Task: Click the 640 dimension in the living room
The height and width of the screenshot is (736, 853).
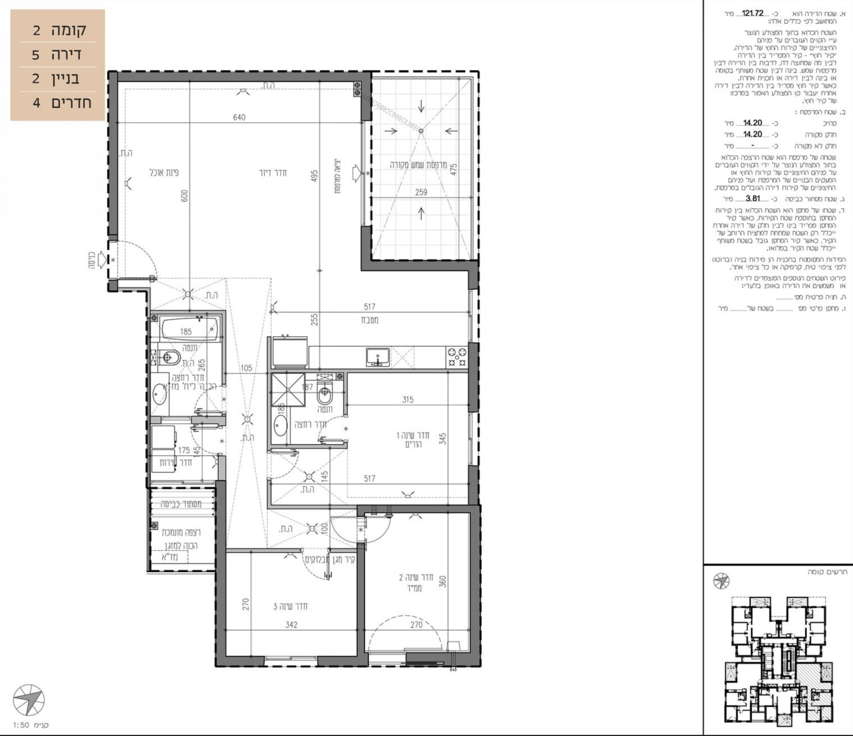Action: [x=239, y=117]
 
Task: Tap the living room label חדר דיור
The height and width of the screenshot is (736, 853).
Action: [x=272, y=173]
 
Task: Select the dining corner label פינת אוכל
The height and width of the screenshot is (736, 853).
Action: [x=164, y=173]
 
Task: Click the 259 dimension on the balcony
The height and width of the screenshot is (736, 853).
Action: [x=421, y=192]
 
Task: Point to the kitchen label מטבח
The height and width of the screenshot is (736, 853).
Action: [x=369, y=320]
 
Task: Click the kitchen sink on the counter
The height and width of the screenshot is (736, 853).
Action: [x=377, y=357]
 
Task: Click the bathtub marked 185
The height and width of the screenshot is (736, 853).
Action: [x=189, y=329]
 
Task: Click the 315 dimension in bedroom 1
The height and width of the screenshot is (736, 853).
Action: [x=408, y=399]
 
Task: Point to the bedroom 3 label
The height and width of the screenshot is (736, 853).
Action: [x=290, y=606]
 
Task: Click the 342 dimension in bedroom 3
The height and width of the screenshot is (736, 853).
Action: [x=291, y=624]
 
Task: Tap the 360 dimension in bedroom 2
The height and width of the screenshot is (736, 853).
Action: [x=442, y=582]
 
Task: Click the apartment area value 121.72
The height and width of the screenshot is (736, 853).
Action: [x=752, y=13]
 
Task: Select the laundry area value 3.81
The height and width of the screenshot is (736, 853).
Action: [x=752, y=199]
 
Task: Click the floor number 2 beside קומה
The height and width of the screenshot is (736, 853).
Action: [x=36, y=30]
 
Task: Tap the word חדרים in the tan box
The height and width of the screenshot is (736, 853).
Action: [x=71, y=102]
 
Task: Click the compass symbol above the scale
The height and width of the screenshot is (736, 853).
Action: [x=28, y=700]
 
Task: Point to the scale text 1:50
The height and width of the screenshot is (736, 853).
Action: [x=21, y=725]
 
